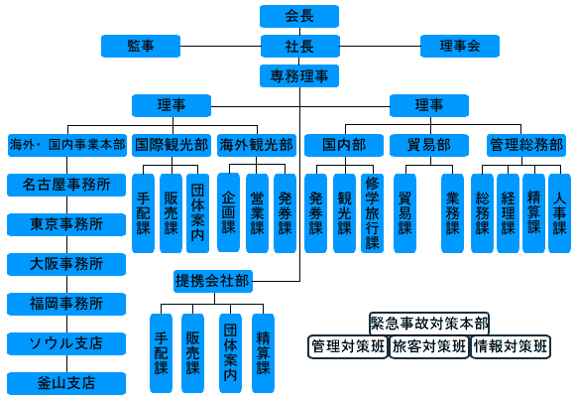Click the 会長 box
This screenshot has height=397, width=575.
299,16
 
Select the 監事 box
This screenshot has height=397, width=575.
141,47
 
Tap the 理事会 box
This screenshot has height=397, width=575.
460,47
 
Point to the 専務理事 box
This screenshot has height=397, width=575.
299,76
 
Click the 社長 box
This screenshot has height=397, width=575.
300,47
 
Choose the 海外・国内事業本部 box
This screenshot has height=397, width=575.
67,146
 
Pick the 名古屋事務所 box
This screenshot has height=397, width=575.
66,185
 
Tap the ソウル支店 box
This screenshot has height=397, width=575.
66,343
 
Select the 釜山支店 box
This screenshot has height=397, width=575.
66,383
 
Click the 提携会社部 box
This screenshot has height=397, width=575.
213,281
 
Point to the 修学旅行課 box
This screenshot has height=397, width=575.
372,213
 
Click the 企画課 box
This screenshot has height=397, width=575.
228,212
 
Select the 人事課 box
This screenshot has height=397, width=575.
559,213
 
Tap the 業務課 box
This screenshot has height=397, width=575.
452,213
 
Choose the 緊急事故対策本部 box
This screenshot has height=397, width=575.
429,324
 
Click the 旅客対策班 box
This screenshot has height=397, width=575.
429,346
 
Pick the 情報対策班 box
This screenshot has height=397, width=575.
511,346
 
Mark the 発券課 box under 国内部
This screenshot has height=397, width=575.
315,213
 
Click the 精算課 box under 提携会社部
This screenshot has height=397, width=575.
264,353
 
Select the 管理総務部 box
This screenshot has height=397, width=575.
526,146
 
